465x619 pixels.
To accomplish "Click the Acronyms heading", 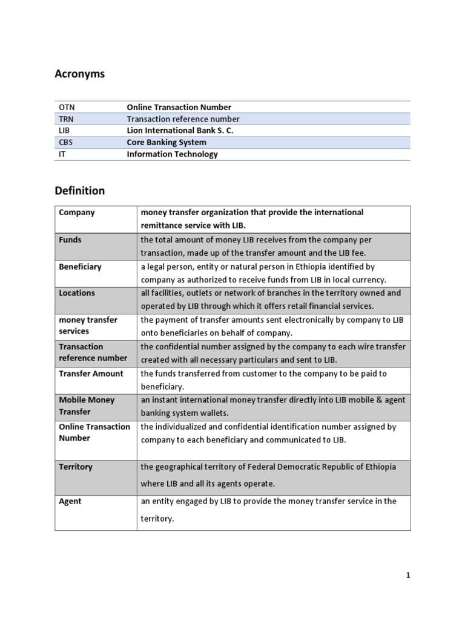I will [x=79, y=74].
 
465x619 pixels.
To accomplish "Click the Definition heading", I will [x=79, y=190].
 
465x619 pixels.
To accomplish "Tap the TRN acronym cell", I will [x=66, y=119].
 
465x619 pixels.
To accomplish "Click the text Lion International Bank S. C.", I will [x=180, y=131].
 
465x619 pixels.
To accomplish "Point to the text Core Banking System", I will [x=167, y=143].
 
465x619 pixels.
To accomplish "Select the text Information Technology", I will [x=172, y=154].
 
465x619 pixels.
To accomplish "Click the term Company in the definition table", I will [x=77, y=213].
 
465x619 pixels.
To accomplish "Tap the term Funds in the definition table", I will [x=70, y=240].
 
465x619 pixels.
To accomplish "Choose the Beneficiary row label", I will [x=80, y=267].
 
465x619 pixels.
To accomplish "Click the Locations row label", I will [x=77, y=293].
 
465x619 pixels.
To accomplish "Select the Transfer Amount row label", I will [x=91, y=374].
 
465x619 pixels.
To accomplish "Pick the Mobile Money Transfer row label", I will [x=87, y=406].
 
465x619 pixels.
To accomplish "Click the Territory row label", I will [x=76, y=467].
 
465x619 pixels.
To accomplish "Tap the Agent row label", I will [x=70, y=502].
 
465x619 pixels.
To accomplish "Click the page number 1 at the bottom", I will [x=408, y=575].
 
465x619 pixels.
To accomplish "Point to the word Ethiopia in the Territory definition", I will [x=379, y=467].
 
